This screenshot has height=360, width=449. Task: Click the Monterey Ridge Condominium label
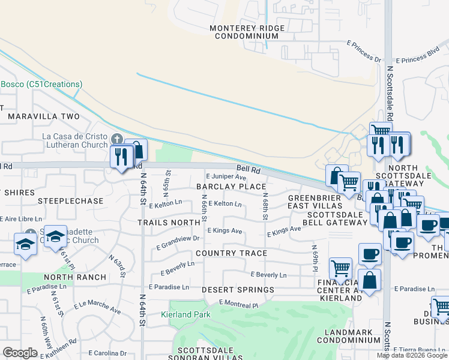[244, 32]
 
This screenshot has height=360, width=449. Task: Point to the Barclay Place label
[231, 187]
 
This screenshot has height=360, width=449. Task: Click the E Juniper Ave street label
[226, 177]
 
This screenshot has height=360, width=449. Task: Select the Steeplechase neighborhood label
[70, 200]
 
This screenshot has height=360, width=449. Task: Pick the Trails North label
[168, 222]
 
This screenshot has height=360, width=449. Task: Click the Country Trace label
[231, 253]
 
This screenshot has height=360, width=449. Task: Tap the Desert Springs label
[238, 290]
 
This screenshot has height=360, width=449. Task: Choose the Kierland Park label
[185, 314]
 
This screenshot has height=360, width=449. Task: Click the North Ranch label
[75, 277]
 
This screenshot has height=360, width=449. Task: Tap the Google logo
[20, 353]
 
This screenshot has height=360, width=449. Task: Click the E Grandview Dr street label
[178, 242]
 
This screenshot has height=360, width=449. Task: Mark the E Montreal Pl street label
[238, 304]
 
